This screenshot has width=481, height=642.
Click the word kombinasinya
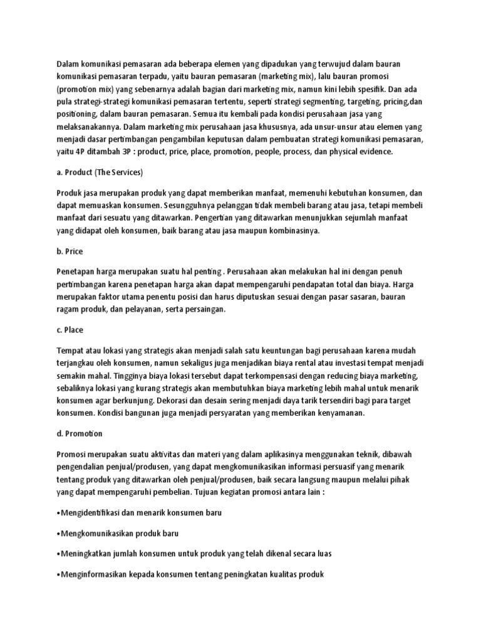(x=292, y=231)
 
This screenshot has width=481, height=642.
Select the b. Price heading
(x=70, y=251)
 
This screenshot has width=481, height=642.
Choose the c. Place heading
(x=70, y=329)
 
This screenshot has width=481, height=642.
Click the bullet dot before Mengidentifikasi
(x=58, y=513)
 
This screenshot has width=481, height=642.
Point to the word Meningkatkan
(x=87, y=554)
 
